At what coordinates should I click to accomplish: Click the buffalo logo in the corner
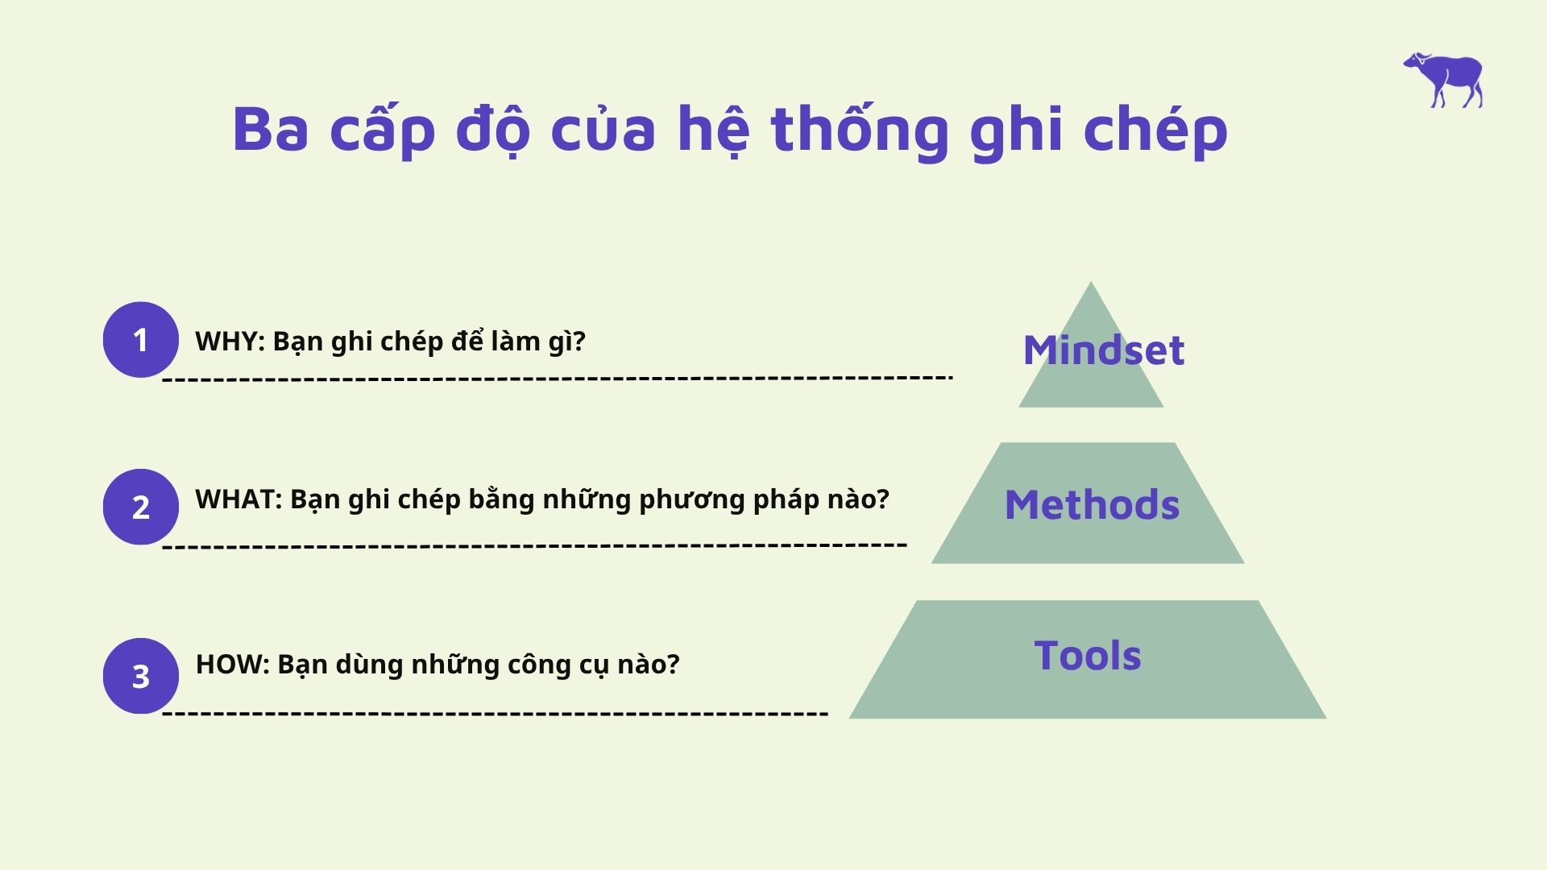tap(1444, 80)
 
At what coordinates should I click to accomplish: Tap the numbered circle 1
tap(141, 340)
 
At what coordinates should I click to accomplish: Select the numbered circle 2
tap(141, 507)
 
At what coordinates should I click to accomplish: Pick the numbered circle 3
tap(141, 676)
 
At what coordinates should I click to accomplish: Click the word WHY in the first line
tap(227, 342)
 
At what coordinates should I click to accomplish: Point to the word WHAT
tap(236, 499)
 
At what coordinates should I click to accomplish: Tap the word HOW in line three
tap(230, 665)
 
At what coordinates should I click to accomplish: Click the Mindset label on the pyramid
tap(1104, 350)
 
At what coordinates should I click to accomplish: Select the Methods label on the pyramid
tap(1092, 505)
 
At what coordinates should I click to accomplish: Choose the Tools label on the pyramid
tap(1088, 655)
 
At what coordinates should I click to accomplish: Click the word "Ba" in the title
tap(271, 128)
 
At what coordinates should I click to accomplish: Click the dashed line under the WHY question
tap(558, 378)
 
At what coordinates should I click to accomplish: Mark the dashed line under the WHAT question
tap(535, 545)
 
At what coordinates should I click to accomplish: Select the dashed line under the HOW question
tap(496, 714)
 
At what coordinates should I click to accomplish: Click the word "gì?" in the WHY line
tap(567, 342)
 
